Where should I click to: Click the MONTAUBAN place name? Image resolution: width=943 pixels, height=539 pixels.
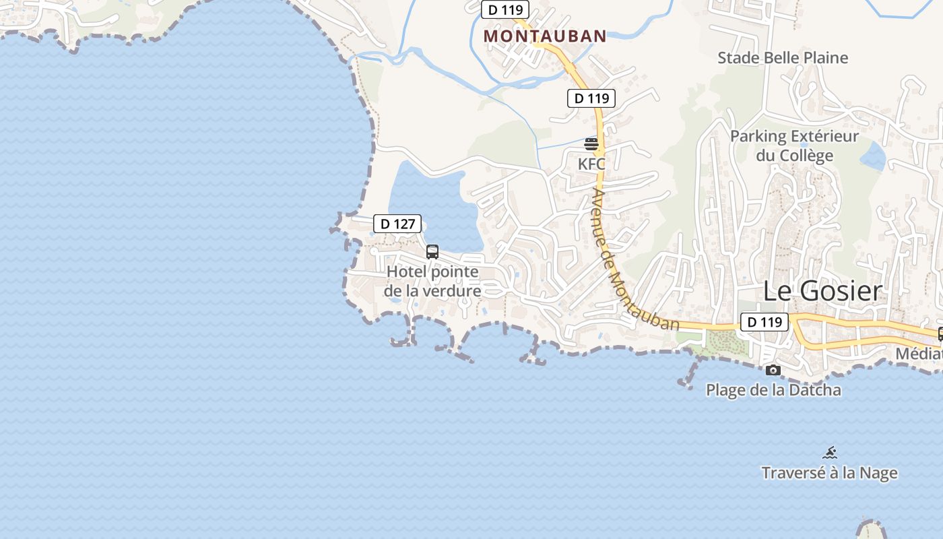[545, 36]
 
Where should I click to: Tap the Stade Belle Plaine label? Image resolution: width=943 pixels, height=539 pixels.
[782, 58]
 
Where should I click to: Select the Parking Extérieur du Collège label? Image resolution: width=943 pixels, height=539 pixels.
[794, 146]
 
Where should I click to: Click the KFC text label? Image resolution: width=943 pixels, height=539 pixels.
[591, 164]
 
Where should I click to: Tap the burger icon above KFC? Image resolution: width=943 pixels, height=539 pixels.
[591, 144]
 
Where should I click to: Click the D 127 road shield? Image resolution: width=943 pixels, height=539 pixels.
[397, 224]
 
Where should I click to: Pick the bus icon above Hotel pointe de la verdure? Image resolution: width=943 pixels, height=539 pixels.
[432, 252]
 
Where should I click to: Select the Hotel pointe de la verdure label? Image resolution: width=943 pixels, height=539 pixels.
[432, 282]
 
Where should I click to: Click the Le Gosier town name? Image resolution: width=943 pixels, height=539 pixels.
[822, 291]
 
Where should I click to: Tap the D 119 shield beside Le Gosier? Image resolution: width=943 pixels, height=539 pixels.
[765, 322]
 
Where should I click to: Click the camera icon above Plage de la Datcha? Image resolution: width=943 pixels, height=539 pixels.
[773, 370]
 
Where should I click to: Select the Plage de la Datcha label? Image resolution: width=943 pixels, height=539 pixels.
[773, 390]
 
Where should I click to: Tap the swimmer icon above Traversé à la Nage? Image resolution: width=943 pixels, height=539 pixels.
[830, 453]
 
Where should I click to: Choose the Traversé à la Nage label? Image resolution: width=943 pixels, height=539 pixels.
[829, 473]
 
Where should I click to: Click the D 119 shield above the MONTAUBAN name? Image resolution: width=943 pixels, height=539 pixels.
[505, 9]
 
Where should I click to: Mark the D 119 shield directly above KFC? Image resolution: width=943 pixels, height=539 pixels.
[591, 98]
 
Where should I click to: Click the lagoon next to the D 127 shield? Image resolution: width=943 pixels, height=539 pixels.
[431, 202]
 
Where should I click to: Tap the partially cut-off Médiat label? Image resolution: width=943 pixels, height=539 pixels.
[919, 354]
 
